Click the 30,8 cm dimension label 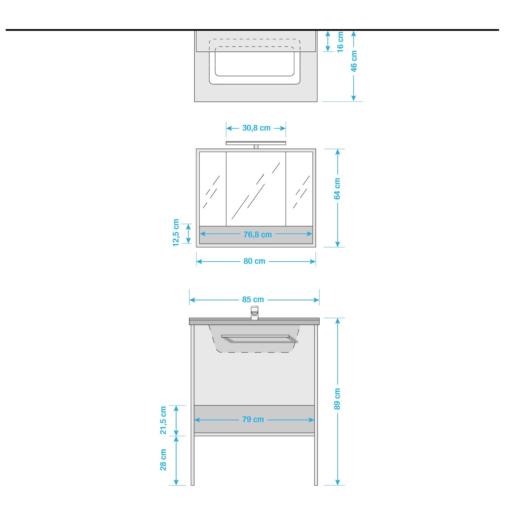click(x=256, y=128)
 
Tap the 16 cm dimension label click(x=340, y=42)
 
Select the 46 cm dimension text click(x=354, y=61)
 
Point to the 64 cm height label click(x=337, y=189)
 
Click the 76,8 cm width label click(x=257, y=235)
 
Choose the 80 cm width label click(x=254, y=261)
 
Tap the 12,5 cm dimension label click(x=176, y=233)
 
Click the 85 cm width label click(x=253, y=299)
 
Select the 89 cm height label click(x=337, y=399)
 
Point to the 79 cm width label click(x=253, y=419)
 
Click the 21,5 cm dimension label click(x=163, y=420)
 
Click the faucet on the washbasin click(x=255, y=312)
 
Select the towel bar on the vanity click(x=259, y=339)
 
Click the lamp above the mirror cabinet click(x=256, y=144)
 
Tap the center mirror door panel click(x=256, y=189)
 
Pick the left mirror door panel click(x=213, y=189)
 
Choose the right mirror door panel click(x=299, y=189)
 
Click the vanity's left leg click(x=193, y=405)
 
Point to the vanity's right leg click(x=316, y=405)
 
